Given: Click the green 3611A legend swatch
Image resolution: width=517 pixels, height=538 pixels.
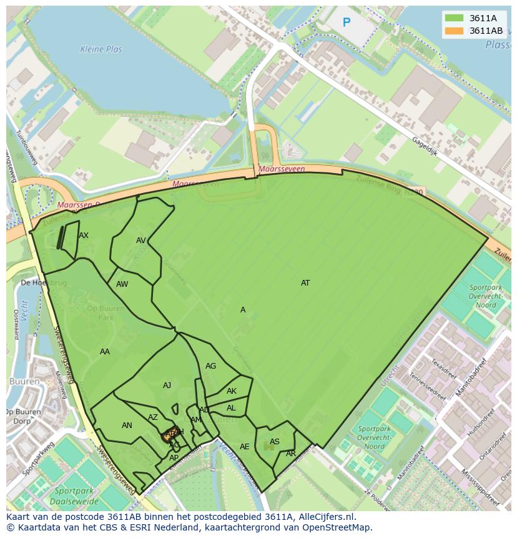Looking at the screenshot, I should [454, 18].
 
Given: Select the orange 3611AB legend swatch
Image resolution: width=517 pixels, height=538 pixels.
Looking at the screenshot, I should [454, 31].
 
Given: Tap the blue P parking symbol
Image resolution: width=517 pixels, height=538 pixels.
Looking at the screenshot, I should [347, 23].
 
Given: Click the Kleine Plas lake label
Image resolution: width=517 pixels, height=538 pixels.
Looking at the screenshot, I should [101, 49].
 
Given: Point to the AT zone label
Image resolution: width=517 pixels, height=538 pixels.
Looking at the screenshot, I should [305, 283].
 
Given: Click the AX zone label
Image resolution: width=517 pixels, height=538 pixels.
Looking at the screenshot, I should [84, 236].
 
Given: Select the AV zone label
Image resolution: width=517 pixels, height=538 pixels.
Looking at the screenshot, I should [141, 241].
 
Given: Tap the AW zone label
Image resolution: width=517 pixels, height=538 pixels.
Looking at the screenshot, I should [122, 284].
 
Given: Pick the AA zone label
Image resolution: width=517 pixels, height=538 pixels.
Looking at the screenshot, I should [105, 352].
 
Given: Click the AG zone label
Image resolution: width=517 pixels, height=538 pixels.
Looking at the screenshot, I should [211, 366].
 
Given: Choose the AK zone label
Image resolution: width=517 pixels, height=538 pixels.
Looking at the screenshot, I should [232, 391].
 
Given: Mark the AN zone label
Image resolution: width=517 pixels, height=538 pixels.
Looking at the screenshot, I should [127, 426].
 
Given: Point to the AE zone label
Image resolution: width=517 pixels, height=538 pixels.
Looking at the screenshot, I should [245, 447].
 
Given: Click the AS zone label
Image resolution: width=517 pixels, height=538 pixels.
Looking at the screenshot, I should [275, 442].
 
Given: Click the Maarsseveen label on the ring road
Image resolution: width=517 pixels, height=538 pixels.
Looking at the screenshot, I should [282, 169].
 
